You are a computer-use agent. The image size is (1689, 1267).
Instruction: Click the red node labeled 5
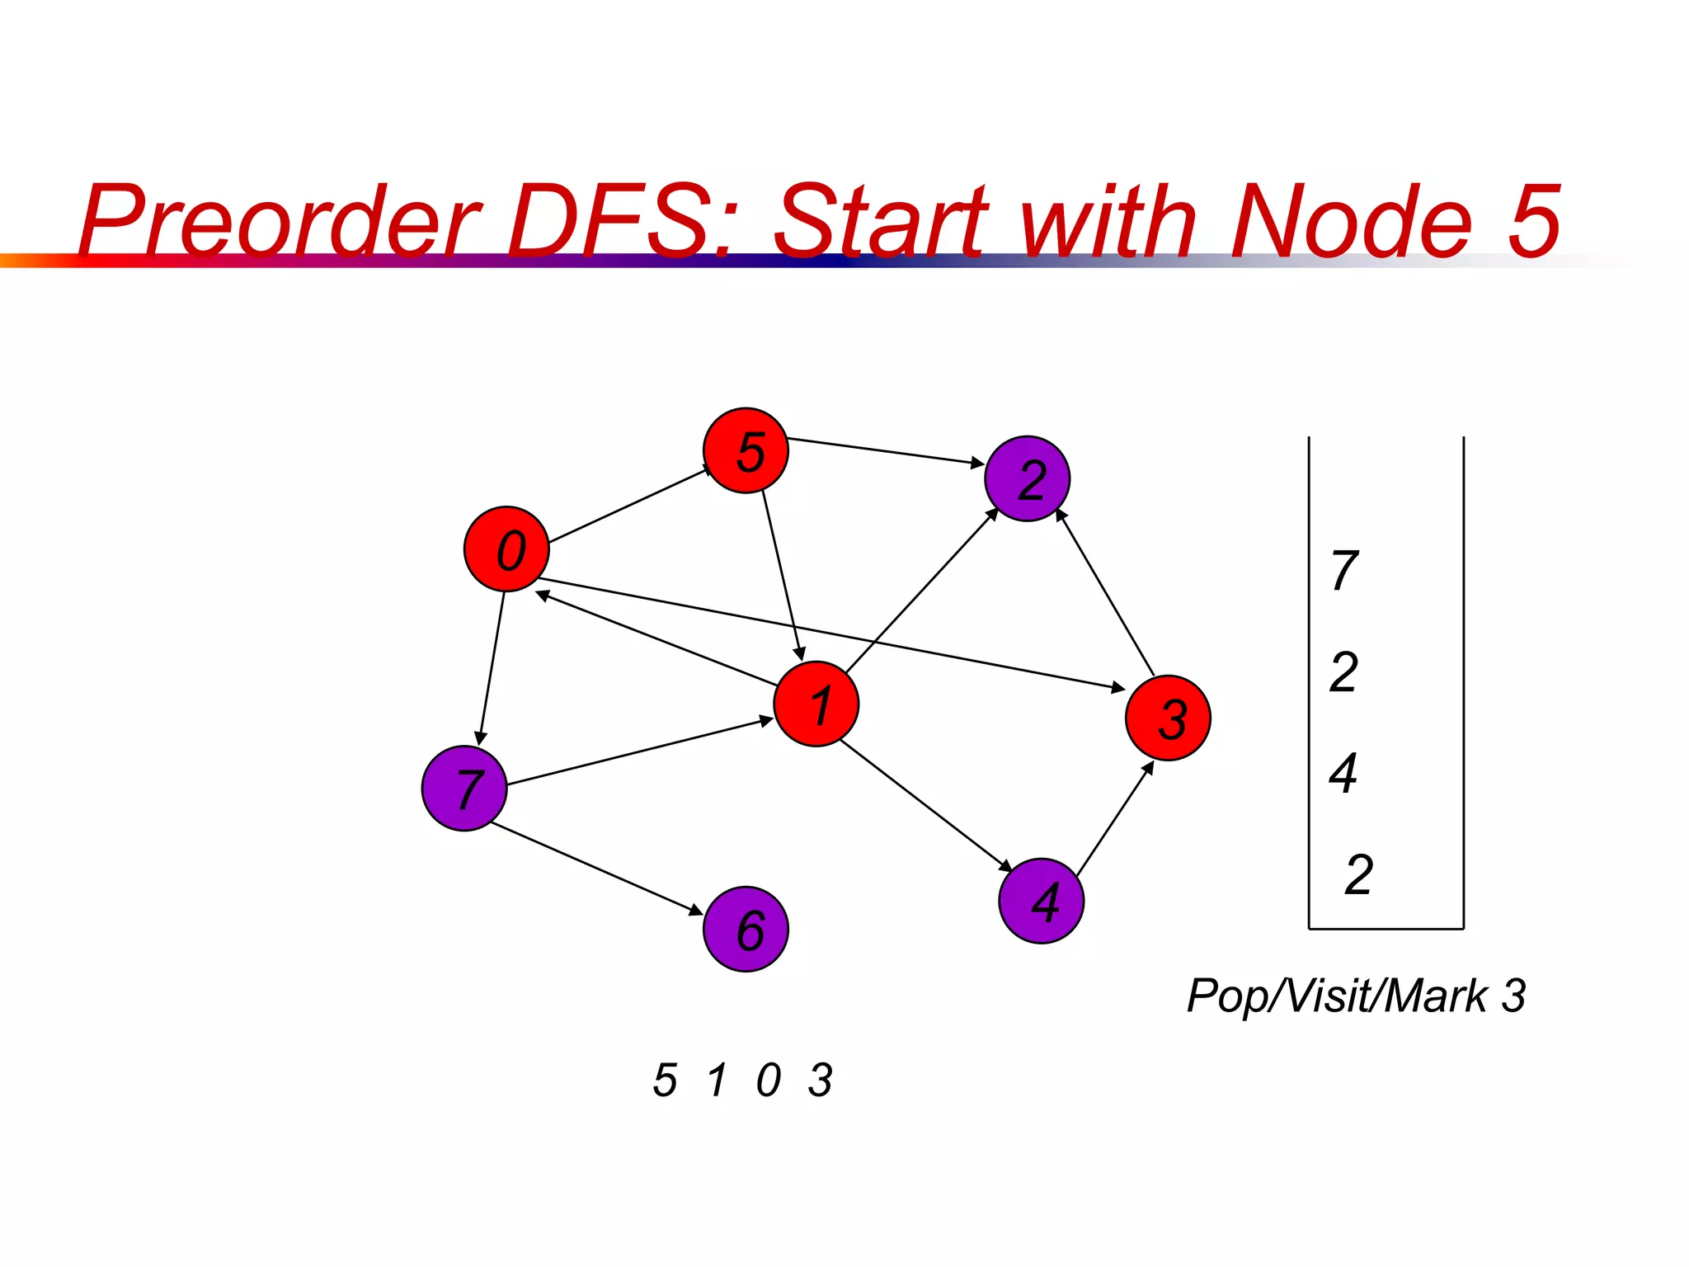point(746,450)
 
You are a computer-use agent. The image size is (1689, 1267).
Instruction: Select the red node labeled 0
point(506,549)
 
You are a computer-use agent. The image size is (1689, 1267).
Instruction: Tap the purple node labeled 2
point(1027,478)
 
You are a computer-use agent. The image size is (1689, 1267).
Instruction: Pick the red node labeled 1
point(816,704)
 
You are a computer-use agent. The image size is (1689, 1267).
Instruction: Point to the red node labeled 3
point(1168,717)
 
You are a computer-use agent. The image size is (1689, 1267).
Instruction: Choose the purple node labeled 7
point(463,788)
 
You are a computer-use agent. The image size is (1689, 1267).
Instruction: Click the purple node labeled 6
point(746,929)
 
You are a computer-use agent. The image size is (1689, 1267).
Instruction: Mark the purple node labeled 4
point(1041,900)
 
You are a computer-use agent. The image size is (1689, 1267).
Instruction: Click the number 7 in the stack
point(1344,570)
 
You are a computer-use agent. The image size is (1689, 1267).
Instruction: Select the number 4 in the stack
point(1343,773)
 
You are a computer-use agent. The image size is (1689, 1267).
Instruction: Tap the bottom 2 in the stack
point(1358,874)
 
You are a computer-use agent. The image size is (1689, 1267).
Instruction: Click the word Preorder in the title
point(280,221)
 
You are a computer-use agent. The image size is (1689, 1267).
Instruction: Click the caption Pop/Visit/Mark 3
point(1356,996)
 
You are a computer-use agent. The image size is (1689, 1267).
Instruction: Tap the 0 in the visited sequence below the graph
point(768,1080)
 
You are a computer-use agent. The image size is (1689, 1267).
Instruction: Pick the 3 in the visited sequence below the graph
point(821,1080)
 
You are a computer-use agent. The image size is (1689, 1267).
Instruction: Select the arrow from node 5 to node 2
point(886,451)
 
